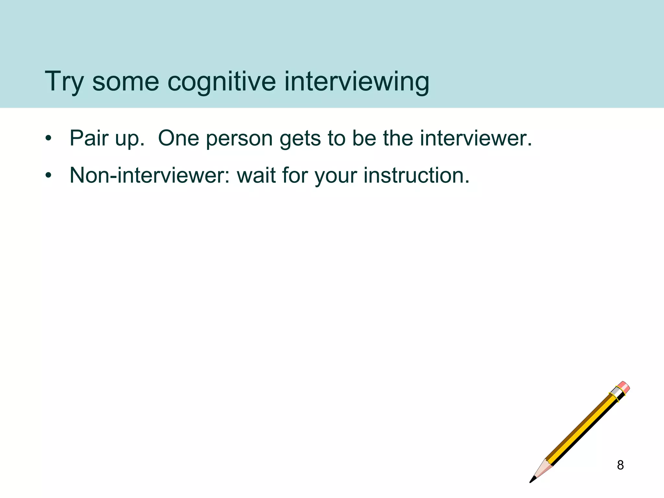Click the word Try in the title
[x=64, y=81]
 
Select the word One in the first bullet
[x=178, y=138]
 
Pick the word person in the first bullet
[x=239, y=139]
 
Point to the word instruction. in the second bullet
[x=416, y=175]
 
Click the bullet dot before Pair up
[x=49, y=139]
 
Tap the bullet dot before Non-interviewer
[x=49, y=176]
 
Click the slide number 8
[x=620, y=465]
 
